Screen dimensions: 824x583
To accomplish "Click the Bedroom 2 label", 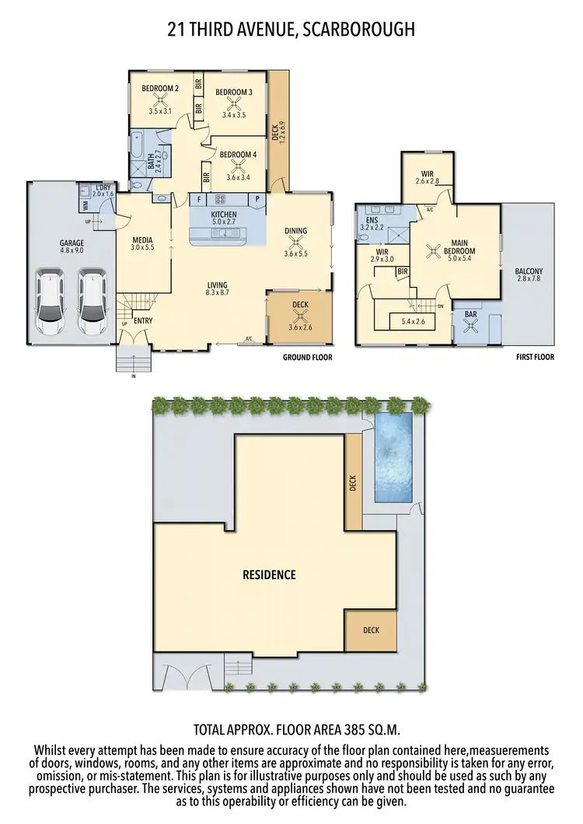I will [x=160, y=89].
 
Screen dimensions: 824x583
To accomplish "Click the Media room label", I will [x=141, y=239].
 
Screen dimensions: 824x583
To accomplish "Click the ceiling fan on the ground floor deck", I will [x=299, y=316].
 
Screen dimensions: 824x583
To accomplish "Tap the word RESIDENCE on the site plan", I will [x=269, y=575].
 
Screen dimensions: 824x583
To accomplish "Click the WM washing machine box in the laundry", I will [x=85, y=205].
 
